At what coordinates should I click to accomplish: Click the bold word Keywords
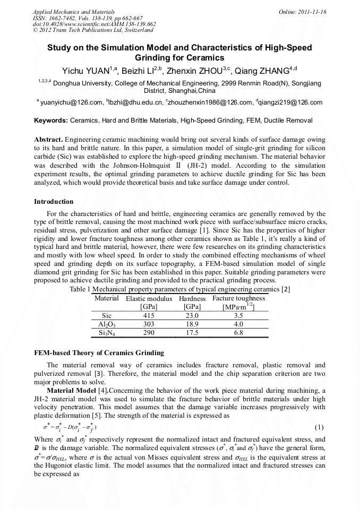pos(50,120)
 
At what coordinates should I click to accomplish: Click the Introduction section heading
pos(54,202)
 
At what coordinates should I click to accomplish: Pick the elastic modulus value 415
pos(149,315)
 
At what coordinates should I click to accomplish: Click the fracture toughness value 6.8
pos(238,333)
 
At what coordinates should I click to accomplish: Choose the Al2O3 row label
pos(107,324)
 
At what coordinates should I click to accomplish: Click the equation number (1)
pos(319,427)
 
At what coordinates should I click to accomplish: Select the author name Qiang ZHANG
pos(263,71)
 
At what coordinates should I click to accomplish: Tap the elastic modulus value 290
pos(149,333)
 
